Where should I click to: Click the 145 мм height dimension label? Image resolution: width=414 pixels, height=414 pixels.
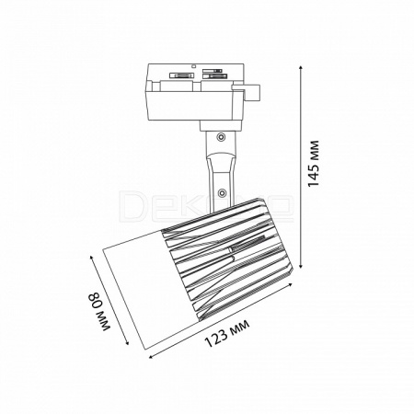314,163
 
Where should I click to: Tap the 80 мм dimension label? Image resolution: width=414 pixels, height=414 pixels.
99,312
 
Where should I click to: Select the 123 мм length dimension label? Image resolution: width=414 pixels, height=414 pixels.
227,333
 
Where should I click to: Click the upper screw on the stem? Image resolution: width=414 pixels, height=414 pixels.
220,137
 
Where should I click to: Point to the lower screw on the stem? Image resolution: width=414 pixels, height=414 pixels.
221,192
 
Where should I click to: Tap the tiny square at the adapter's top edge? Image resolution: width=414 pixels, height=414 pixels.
193,65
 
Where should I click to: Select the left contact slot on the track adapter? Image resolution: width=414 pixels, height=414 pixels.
181,75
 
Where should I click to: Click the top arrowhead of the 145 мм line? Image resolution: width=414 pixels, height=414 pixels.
301,68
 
